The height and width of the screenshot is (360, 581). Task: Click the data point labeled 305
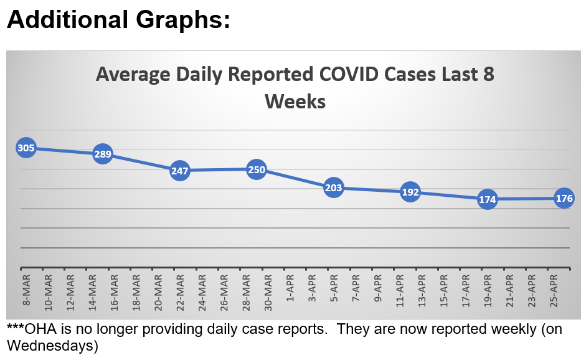(x=26, y=148)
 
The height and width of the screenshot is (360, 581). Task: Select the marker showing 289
(x=103, y=154)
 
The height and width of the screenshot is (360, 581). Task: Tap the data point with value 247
(x=179, y=170)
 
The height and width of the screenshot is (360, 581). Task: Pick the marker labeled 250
(x=257, y=169)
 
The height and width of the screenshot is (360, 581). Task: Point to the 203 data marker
(x=334, y=187)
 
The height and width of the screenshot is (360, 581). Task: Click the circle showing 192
(x=410, y=192)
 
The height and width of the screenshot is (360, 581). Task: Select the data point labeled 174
(x=488, y=199)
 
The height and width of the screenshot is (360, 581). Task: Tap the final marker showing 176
(x=564, y=199)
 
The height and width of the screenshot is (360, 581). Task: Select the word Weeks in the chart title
(x=295, y=101)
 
